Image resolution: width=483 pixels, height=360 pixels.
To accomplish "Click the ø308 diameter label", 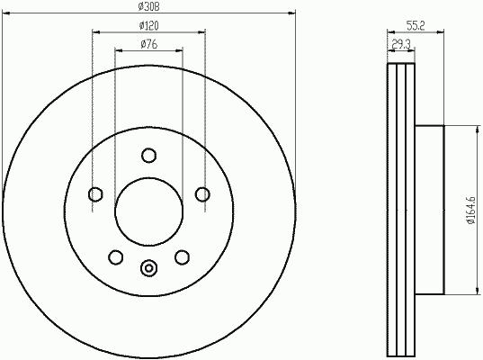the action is point(148,6).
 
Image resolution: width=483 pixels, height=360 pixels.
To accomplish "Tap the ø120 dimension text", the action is point(148,25).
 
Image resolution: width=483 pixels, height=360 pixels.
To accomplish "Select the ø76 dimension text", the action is point(149,44).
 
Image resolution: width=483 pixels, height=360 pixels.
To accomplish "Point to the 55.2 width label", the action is point(416,25).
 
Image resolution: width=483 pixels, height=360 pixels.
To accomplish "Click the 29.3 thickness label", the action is point(401,45).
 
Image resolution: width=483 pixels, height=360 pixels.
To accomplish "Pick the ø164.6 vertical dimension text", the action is point(471,211).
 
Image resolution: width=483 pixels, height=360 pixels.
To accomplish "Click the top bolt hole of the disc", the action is point(148,155).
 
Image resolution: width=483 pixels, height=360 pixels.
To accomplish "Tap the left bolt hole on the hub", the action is point(95,194).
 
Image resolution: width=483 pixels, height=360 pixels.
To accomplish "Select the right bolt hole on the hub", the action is point(202,194).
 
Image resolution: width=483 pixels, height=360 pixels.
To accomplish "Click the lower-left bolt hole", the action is point(116,257).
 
